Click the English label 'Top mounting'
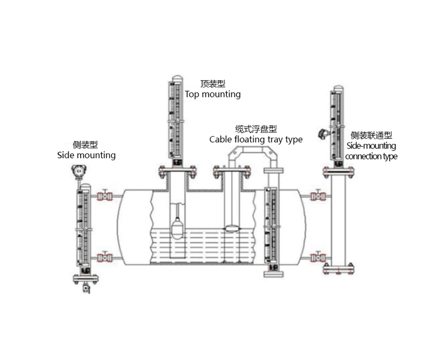click(x=213, y=95)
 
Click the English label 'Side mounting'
click(x=86, y=155)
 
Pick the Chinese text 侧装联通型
click(x=371, y=135)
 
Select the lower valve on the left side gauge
click(x=104, y=258)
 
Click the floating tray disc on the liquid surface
click(x=232, y=228)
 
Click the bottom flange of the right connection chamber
click(x=338, y=271)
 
